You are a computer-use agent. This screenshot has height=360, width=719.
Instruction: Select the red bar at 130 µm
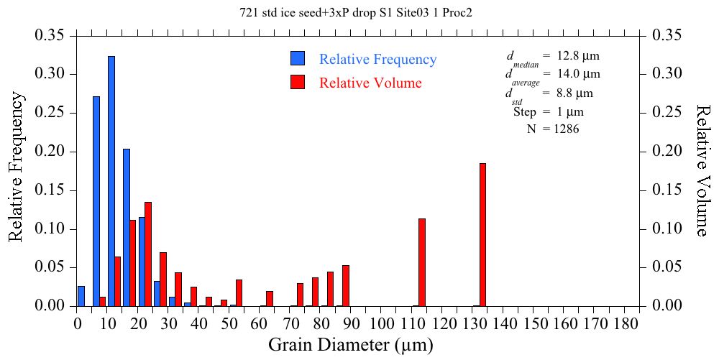(483, 234)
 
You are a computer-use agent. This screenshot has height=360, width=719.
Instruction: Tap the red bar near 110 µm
(422, 262)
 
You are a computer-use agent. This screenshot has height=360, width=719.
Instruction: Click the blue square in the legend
(298, 59)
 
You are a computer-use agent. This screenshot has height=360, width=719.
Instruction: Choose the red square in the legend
(298, 82)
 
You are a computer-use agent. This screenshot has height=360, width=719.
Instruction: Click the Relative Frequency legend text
(377, 60)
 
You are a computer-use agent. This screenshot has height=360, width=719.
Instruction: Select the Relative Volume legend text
(370, 83)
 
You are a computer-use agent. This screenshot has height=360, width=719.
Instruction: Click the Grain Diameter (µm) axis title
(351, 345)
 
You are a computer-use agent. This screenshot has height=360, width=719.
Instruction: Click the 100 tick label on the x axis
(383, 324)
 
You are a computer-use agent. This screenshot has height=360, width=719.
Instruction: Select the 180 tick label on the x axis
(626, 324)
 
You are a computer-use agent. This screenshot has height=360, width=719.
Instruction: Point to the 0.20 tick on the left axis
(52, 152)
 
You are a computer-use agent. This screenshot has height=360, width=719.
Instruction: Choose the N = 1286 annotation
(554, 129)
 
